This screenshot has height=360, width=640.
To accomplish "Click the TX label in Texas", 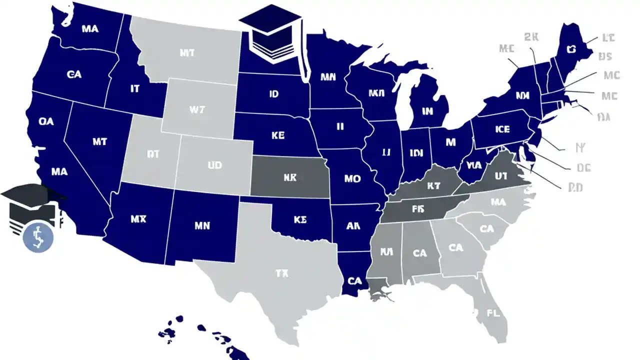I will click(281, 273).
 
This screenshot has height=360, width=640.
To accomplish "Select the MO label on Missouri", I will click(352, 178).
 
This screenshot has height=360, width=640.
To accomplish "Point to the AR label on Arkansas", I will click(353, 225).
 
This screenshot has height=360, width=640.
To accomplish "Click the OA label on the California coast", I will click(45, 121).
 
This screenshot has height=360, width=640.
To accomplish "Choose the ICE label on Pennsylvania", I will click(502, 129).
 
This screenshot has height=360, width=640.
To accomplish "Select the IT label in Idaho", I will click(135, 89).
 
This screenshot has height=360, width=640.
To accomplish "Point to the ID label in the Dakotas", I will click(273, 94).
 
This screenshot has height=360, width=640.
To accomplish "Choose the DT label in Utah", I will click(152, 154).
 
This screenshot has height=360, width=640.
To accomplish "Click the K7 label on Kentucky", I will click(433, 186).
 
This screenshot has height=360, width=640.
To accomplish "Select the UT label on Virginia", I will click(501, 176).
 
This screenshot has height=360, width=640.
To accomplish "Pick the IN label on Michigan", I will click(427, 111).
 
